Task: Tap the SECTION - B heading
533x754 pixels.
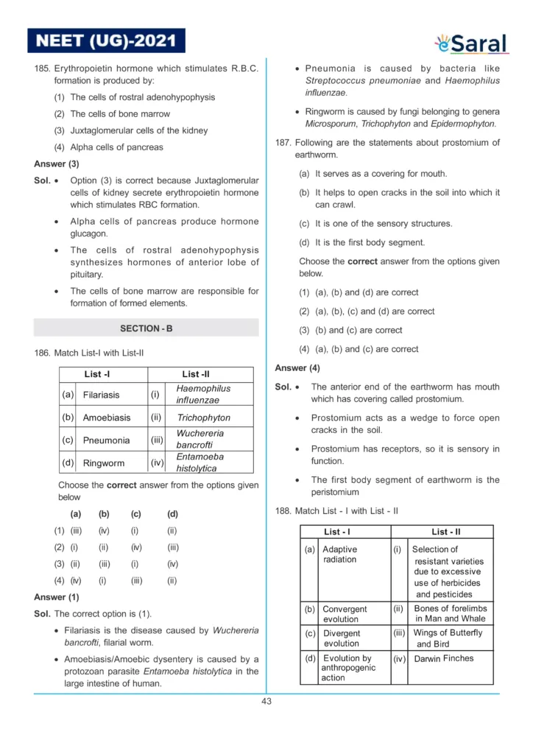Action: pyautogui.click(x=146, y=328)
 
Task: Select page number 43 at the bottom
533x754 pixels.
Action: pyautogui.click(x=266, y=701)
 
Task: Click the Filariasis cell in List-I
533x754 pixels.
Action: pyautogui.click(x=102, y=395)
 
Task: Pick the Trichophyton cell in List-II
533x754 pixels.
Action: pyautogui.click(x=204, y=417)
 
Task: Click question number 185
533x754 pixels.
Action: pyautogui.click(x=42, y=68)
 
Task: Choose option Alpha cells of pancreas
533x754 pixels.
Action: pyautogui.click(x=116, y=147)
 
